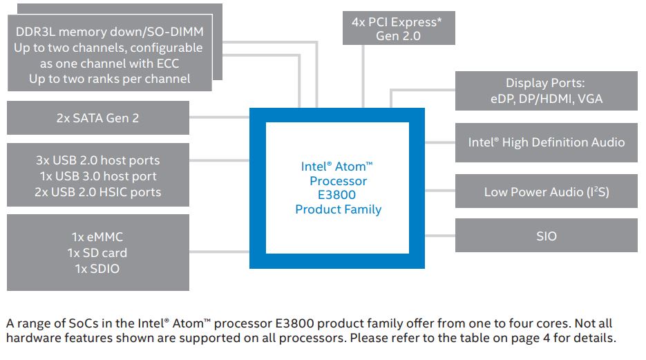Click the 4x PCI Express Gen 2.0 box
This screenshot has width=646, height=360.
[x=398, y=28]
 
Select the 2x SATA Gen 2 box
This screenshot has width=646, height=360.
[x=97, y=117]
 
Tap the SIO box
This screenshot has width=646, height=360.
[x=546, y=236]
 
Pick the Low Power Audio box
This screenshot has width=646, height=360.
[x=546, y=192]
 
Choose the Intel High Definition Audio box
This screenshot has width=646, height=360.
[x=546, y=142]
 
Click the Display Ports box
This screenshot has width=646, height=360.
[x=546, y=91]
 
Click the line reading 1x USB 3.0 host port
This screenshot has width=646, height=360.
[x=97, y=176]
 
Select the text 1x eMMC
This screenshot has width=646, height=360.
[x=97, y=237]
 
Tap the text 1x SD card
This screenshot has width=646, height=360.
[x=97, y=253]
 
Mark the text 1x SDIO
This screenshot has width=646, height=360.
[x=97, y=269]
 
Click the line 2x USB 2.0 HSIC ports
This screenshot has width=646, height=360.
[x=97, y=192]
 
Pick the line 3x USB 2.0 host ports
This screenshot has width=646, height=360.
[x=97, y=160]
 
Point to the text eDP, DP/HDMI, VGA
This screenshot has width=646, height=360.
[x=546, y=99]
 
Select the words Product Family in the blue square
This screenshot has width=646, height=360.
[x=338, y=209]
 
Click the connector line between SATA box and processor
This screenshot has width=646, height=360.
[x=219, y=117]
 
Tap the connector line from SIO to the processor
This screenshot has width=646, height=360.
[x=440, y=236]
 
